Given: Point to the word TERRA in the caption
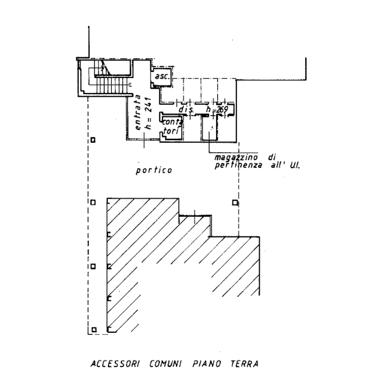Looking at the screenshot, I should pos(245,364).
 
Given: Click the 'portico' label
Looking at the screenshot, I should pos(154,171).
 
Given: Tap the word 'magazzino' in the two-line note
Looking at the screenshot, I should pos(236,157).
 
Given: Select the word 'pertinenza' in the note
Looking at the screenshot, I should pos(238,165).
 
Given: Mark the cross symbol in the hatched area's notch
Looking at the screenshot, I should pos(194,217).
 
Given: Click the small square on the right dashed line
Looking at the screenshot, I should pos(233,202).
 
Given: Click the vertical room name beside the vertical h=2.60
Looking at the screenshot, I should pos(138,112).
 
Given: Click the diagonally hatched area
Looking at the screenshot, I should pos(152,253).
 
